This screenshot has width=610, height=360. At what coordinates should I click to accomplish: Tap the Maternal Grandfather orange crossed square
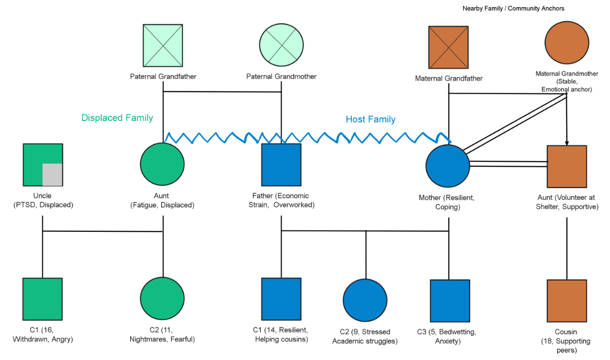pyautogui.click(x=449, y=46)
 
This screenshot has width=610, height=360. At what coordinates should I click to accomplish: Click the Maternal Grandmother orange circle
pyautogui.click(x=567, y=44)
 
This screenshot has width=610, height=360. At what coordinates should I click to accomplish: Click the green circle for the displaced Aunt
pyautogui.click(x=162, y=165)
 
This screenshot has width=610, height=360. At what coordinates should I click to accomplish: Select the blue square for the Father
pyautogui.click(x=281, y=165)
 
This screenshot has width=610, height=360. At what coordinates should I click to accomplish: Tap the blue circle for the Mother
pyautogui.click(x=448, y=166)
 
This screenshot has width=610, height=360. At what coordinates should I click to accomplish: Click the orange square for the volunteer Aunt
pyautogui.click(x=567, y=166)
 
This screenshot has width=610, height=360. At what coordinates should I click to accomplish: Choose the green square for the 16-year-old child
pyautogui.click(x=43, y=298)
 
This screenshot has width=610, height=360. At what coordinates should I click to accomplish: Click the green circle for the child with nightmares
pyautogui.click(x=162, y=299)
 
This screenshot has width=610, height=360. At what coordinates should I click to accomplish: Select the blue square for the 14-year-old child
pyautogui.click(x=281, y=298)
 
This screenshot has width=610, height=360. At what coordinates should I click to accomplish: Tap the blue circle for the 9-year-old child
pyautogui.click(x=365, y=301)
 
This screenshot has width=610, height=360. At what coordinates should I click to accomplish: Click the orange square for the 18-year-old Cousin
pyautogui.click(x=567, y=301)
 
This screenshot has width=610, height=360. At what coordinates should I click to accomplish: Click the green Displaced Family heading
pyautogui.click(x=117, y=118)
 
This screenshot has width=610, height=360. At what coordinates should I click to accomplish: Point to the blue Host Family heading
pyautogui.click(x=371, y=119)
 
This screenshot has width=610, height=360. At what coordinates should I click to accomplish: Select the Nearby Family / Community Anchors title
pyautogui.click(x=513, y=9)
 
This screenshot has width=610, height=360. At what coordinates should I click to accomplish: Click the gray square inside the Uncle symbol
pyautogui.click(x=52, y=174)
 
